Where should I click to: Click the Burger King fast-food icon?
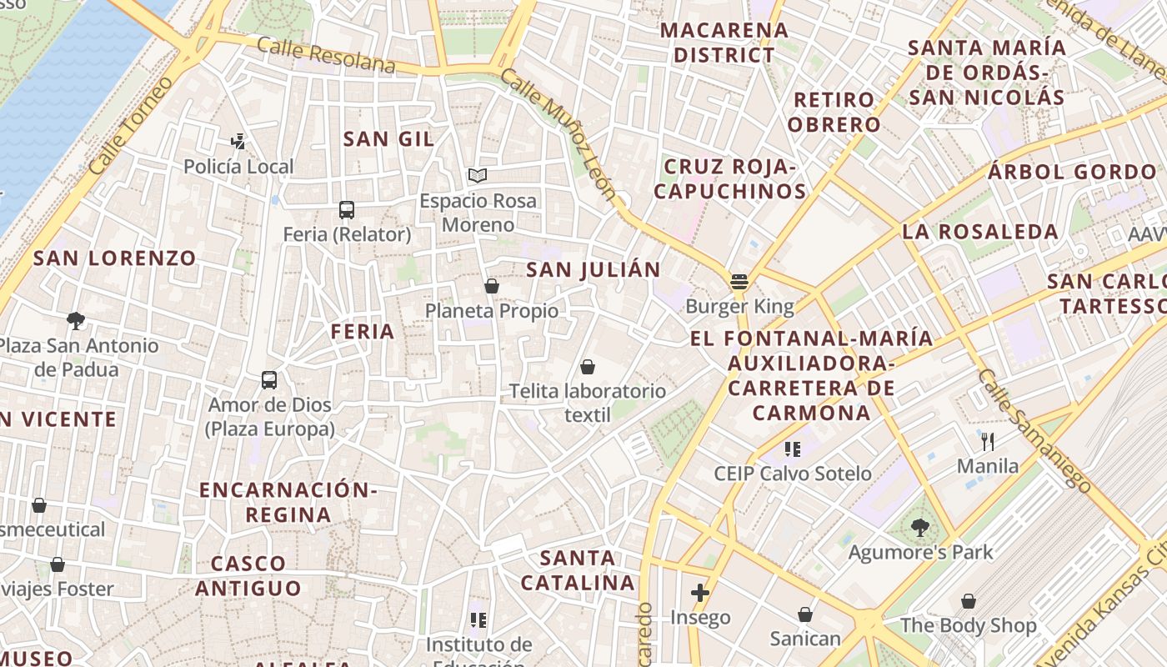(739, 281)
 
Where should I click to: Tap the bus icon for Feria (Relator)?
(347, 210)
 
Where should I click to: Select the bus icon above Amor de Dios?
(269, 380)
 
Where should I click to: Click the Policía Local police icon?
(238, 142)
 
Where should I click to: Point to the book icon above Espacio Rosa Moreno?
(478, 175)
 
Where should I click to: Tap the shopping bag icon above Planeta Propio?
(492, 286)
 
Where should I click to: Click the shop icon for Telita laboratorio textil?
(588, 367)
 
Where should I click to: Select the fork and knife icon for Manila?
(988, 441)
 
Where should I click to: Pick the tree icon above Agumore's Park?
(920, 527)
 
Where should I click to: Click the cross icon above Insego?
(700, 593)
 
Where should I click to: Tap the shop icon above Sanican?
(805, 614)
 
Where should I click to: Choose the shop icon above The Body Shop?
(969, 601)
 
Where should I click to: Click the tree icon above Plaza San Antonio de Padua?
(76, 321)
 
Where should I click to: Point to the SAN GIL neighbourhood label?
(389, 139)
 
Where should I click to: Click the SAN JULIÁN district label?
(594, 269)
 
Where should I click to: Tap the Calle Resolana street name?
(326, 55)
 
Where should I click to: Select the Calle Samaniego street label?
(1034, 430)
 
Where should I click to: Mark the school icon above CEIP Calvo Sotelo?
(793, 449)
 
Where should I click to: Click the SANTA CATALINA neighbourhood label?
(578, 570)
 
